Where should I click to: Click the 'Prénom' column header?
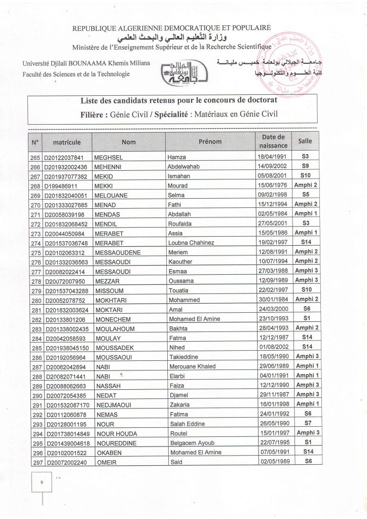(x=210, y=142)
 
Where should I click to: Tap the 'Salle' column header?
(x=306, y=142)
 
